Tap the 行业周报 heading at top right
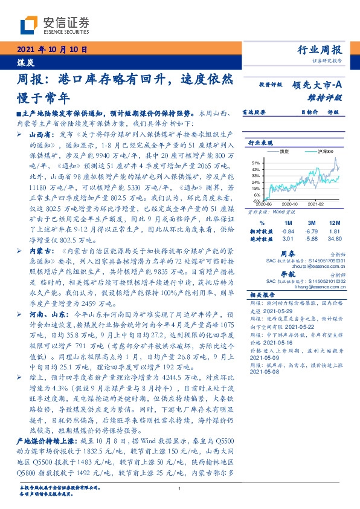pos(320,50)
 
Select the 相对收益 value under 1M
pos(288,230)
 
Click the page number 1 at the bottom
pos(179,488)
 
